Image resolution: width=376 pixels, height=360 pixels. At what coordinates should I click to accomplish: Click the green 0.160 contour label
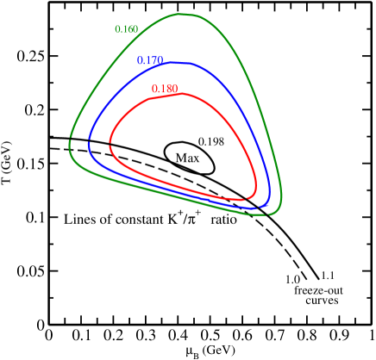click(126, 29)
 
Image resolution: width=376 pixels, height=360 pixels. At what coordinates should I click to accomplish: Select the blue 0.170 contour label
click(150, 60)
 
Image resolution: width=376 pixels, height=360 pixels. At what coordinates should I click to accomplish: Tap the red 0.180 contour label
click(164, 89)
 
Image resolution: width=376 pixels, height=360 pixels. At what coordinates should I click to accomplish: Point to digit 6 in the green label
click(128, 29)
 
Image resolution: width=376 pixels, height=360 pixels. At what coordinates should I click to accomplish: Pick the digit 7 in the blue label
click(153, 60)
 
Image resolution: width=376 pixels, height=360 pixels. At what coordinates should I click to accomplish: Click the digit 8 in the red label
click(167, 89)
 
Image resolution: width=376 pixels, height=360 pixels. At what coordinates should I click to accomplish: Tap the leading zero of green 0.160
click(117, 29)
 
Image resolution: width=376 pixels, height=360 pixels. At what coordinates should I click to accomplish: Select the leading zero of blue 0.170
click(140, 60)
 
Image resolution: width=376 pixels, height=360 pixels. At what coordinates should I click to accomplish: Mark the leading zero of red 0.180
click(154, 89)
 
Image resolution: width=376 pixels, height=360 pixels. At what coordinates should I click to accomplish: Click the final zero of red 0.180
click(174, 89)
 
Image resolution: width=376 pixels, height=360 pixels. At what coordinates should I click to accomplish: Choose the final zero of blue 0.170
click(160, 60)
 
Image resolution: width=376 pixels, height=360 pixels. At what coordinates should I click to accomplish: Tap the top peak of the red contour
click(184, 93)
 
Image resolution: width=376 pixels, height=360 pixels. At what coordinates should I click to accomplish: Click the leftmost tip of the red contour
click(110, 146)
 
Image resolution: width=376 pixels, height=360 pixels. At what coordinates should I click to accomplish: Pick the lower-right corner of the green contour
click(269, 214)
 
